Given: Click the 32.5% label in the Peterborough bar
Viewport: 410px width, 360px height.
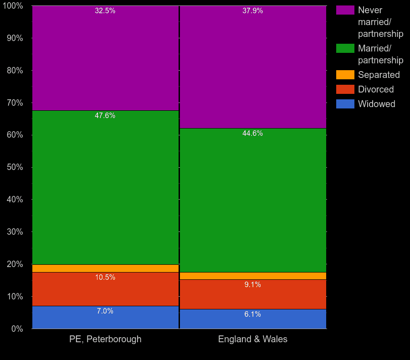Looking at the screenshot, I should [x=105, y=11].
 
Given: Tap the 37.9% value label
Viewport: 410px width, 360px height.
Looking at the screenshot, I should [x=253, y=11].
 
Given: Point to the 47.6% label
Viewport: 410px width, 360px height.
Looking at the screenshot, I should [x=105, y=116].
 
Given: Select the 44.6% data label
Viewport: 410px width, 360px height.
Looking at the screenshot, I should [x=253, y=134].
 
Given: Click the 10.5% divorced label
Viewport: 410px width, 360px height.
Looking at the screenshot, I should [x=105, y=278].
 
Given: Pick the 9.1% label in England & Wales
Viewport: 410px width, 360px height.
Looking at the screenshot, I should [x=253, y=285].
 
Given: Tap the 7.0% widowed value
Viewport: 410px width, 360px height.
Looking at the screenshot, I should [x=105, y=311].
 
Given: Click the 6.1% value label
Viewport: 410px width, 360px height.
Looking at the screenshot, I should [x=253, y=314].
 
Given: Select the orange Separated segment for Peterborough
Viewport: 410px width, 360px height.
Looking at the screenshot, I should [x=105, y=268].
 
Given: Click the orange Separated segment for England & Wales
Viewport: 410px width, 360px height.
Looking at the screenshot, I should [x=253, y=276].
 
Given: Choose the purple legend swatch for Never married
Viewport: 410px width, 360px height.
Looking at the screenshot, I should [x=345, y=10].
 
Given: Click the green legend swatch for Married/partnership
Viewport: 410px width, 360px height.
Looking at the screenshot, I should [x=345, y=48].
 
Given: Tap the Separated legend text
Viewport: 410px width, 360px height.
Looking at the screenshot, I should [x=379, y=75].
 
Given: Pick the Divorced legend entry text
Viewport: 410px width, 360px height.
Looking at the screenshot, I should [x=376, y=89].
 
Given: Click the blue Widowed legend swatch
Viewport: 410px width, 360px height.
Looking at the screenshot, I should [x=345, y=104].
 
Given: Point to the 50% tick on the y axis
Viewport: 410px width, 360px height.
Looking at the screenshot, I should [x=15, y=167].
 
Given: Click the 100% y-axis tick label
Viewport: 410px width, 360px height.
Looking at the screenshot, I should [x=13, y=6].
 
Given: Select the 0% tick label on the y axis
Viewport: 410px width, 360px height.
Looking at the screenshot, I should [x=17, y=329].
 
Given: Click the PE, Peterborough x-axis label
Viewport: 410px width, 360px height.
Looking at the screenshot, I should [x=105, y=339].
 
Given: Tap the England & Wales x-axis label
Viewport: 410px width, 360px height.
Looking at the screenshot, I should [x=253, y=339].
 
